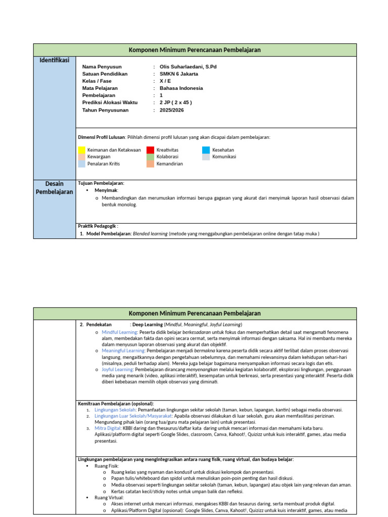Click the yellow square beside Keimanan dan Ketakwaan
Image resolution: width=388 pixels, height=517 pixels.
[82, 150]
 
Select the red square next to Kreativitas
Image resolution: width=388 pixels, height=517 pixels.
[151, 150]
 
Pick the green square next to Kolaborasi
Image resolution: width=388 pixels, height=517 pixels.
[151, 157]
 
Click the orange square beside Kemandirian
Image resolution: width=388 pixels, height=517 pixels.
[151, 164]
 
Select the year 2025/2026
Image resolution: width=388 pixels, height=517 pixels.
[172, 110]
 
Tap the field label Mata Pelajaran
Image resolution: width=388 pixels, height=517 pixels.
[100, 88]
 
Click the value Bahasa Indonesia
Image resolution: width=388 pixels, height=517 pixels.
[181, 88]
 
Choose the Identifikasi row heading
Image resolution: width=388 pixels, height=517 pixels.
[54, 61]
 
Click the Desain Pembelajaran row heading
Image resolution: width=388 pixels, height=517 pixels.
[54, 188]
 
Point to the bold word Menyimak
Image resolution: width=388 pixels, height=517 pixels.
[106, 190]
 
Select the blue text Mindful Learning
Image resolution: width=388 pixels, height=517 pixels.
[119, 332]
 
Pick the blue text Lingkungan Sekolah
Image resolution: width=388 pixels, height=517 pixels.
[115, 410]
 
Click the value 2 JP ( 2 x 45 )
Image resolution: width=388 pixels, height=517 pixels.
[176, 102]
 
